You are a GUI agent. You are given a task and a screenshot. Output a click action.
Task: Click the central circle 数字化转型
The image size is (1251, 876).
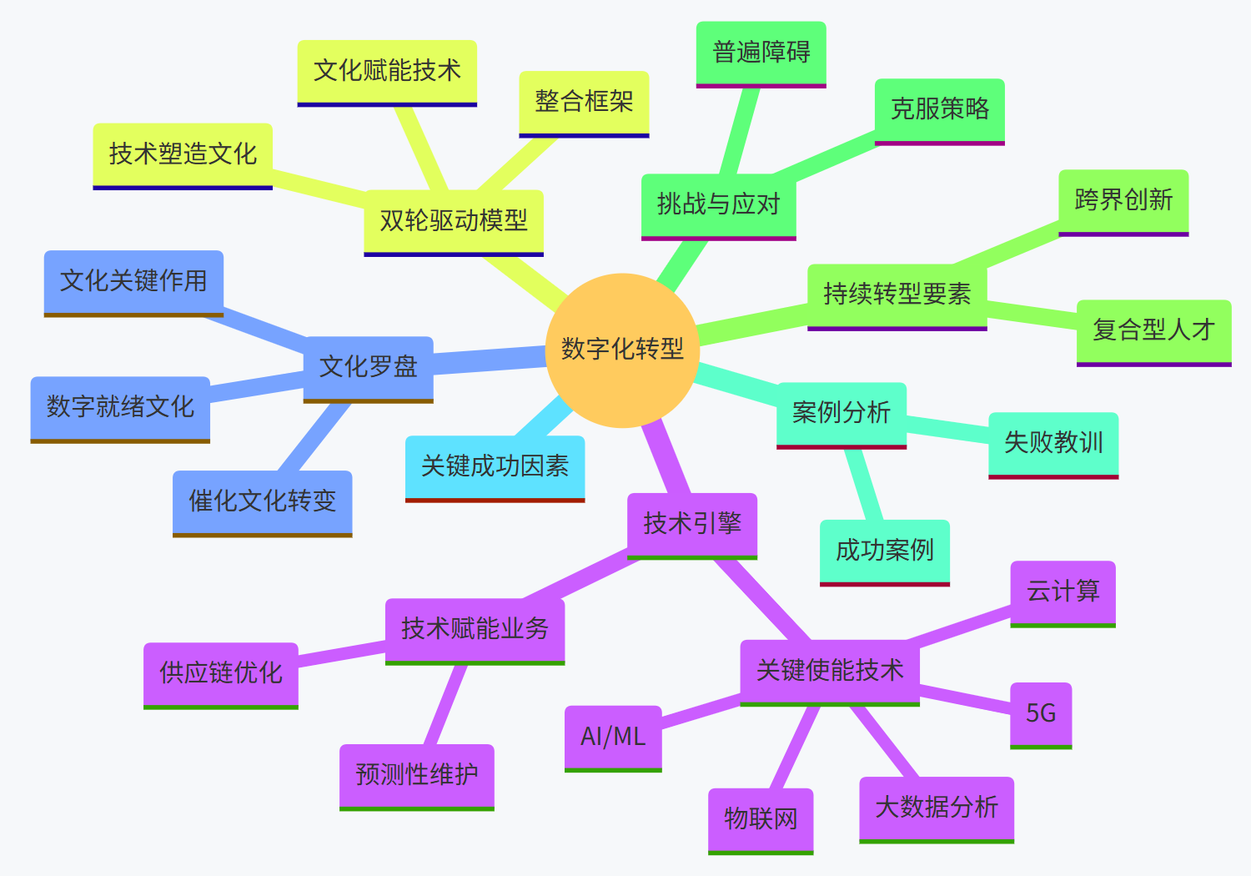(622, 350)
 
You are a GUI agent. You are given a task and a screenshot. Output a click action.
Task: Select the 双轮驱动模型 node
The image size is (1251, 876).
(454, 221)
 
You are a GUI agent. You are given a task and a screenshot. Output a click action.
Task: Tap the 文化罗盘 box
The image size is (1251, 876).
(368, 367)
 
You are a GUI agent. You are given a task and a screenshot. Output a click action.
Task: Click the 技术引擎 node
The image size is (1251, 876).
(692, 524)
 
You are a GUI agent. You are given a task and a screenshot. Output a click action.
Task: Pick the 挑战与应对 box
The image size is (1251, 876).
(718, 204)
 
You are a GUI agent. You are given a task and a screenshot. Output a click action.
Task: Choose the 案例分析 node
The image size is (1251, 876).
(841, 413)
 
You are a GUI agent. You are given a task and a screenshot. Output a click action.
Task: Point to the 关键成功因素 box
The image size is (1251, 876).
(495, 466)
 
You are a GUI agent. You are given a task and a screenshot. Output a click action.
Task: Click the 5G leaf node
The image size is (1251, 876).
(1041, 713)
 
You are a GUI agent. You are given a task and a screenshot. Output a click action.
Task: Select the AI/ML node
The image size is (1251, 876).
(613, 737)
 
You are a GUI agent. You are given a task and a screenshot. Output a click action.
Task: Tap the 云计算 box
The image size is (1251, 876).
(1063, 592)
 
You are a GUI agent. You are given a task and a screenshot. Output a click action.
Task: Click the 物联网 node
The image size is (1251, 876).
(761, 819)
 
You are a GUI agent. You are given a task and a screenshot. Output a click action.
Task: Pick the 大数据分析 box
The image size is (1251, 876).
(937, 808)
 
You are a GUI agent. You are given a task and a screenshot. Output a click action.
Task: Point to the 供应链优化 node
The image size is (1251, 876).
(221, 673)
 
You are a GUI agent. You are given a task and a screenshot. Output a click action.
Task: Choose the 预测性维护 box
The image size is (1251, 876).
(417, 775)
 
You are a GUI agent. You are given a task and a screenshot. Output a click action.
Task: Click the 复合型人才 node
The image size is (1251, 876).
(1153, 330)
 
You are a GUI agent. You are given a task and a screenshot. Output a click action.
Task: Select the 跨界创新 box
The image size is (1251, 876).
(1123, 201)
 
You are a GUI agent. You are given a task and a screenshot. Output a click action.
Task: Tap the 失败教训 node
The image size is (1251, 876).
(1053, 443)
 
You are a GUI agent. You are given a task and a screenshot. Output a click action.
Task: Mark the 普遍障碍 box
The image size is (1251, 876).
(761, 53)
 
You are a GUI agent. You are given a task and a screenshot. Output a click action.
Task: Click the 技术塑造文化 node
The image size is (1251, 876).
(183, 154)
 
